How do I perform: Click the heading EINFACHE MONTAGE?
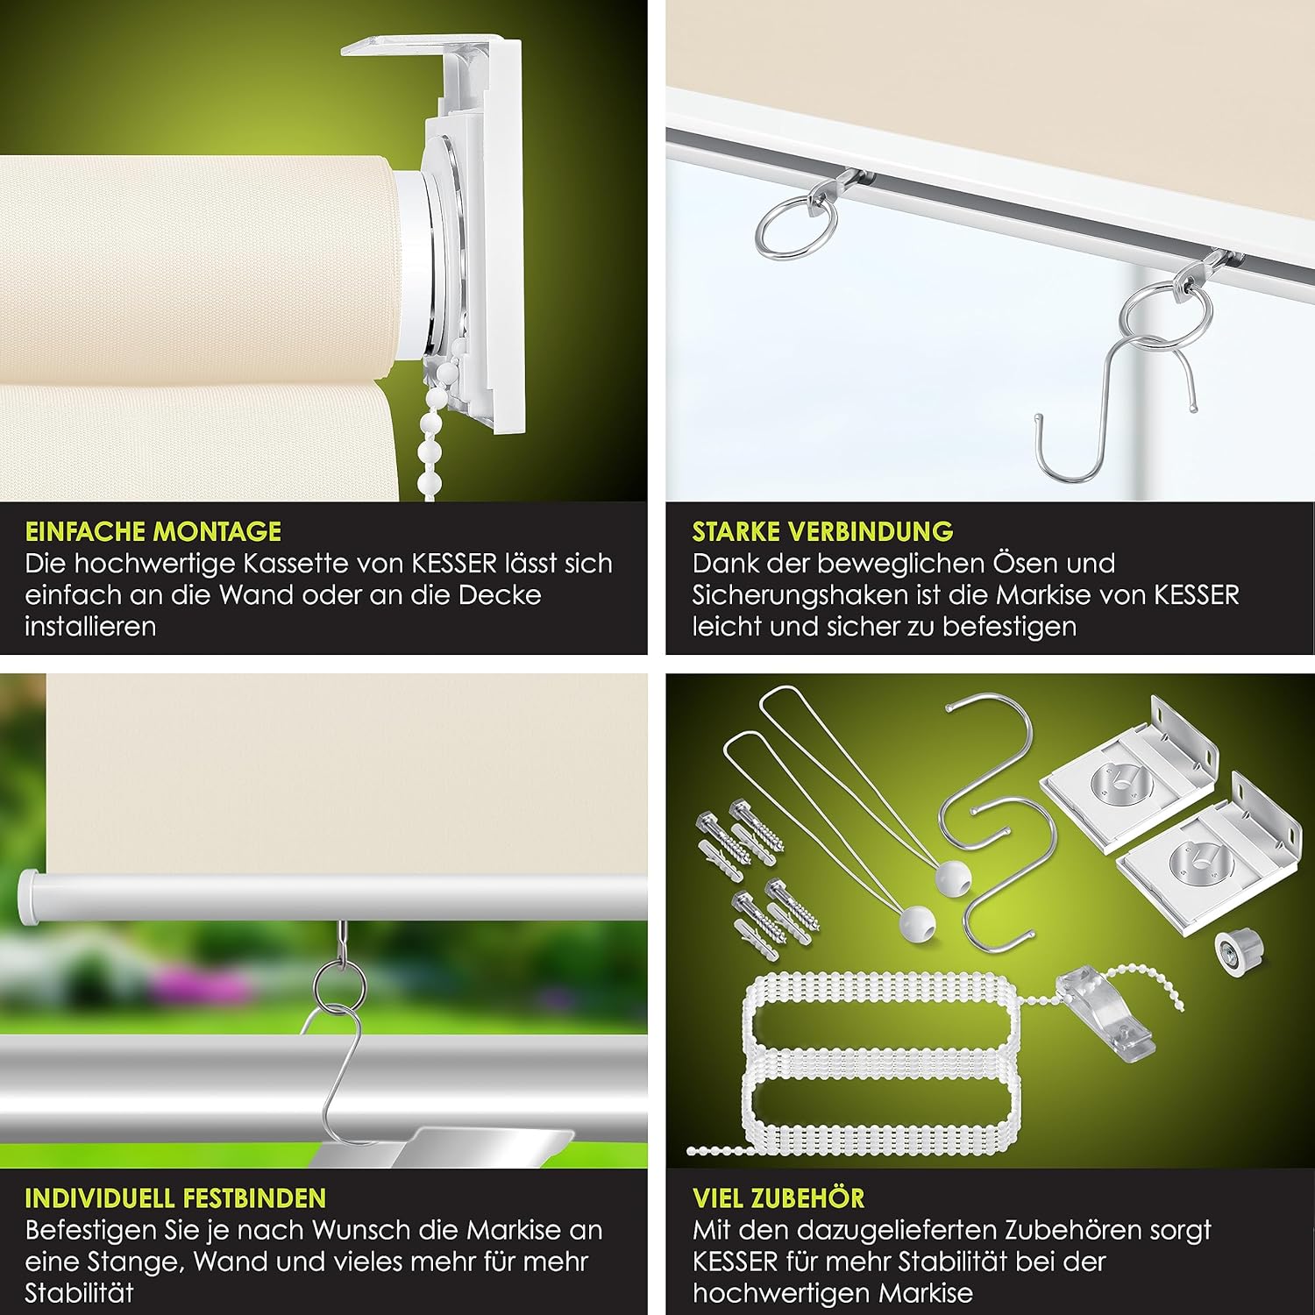pos(153,531)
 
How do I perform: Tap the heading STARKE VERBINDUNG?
pos(822,531)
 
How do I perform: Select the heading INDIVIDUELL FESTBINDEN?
pos(175,1198)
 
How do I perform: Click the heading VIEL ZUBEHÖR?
pos(778,1198)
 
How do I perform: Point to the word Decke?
pos(500,595)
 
